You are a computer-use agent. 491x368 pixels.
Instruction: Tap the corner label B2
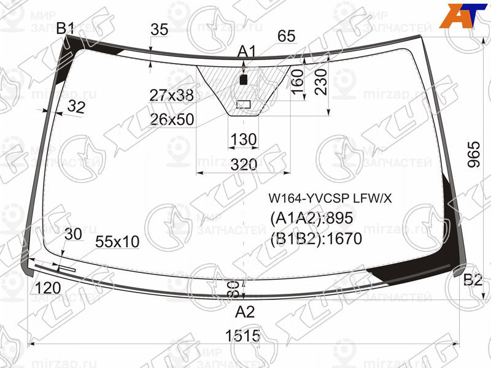473,281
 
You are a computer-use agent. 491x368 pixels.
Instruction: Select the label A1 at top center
247,52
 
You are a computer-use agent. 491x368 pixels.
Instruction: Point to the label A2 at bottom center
245,312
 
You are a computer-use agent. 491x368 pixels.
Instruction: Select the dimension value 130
244,140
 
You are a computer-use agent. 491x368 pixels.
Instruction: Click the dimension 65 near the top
286,36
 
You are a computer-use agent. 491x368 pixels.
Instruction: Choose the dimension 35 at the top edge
159,29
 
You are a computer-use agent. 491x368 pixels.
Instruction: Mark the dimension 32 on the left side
76,107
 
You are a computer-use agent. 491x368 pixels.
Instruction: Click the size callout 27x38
171,95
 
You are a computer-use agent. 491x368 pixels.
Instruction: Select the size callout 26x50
171,119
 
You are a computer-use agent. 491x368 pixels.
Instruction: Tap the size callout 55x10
117,242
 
